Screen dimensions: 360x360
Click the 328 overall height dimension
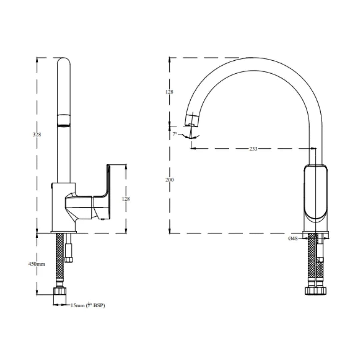[x=37, y=134]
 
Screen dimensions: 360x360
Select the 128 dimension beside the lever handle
[x=126, y=199]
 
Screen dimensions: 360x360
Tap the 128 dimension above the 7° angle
[x=169, y=92]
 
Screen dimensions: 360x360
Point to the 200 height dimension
[x=169, y=180]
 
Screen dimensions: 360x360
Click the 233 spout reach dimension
[x=253, y=149]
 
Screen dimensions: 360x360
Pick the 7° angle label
[x=175, y=134]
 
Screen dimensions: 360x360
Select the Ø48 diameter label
[x=293, y=238]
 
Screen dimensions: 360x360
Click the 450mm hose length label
[x=37, y=264]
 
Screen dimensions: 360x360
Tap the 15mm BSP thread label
[x=87, y=305]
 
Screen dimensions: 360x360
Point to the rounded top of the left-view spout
[x=64, y=61]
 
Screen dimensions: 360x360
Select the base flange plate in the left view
[x=64, y=232]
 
